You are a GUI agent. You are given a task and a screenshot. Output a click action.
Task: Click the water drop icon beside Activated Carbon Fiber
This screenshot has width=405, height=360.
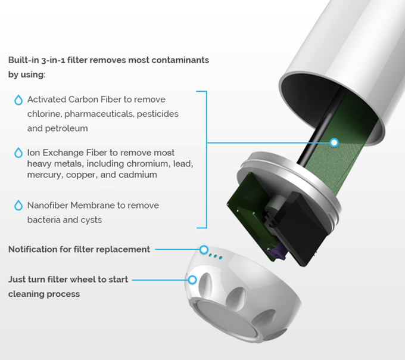tap(18, 100)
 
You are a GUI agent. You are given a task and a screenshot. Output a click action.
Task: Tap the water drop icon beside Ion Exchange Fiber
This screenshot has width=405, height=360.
tap(18, 153)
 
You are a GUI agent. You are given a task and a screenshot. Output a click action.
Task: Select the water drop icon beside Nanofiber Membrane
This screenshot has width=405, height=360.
tap(18, 206)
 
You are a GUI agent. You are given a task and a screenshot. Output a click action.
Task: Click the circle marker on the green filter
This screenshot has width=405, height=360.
tap(334, 142)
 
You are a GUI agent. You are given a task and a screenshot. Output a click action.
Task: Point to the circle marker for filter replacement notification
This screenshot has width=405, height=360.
tap(204, 249)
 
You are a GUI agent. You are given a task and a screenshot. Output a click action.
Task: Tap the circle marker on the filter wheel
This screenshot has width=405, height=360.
tap(192, 279)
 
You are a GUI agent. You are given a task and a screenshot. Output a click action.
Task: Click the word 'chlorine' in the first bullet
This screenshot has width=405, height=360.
tap(43, 113)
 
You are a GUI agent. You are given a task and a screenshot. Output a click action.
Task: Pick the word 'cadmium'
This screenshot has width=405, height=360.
tap(139, 175)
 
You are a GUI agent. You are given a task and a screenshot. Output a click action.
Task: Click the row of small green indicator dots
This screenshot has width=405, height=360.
tap(216, 256)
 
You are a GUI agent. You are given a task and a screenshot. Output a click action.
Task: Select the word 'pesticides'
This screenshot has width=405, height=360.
tap(158, 113)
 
